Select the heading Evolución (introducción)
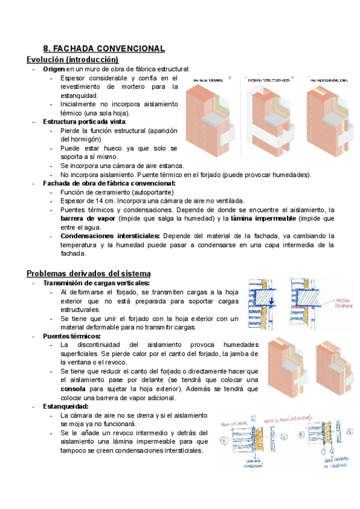[x=73, y=59]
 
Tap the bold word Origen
[x=54, y=69]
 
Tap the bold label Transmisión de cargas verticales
[x=96, y=283]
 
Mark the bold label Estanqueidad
[x=66, y=406]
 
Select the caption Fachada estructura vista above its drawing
[x=268, y=79]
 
